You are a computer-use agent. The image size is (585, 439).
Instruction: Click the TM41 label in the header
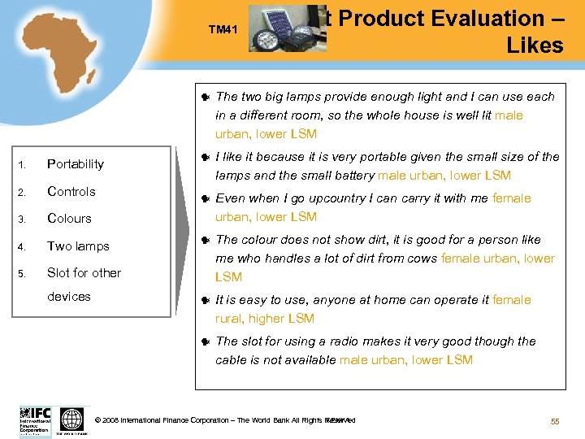coord(221,29)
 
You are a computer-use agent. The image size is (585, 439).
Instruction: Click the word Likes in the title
coord(534,46)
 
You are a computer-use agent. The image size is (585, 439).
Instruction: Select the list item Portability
coord(76,164)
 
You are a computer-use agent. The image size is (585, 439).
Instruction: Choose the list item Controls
coord(71,192)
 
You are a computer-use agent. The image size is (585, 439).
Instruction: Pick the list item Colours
coord(69,219)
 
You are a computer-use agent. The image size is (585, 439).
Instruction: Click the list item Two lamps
coord(78,246)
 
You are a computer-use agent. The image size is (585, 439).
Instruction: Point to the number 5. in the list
coord(24,273)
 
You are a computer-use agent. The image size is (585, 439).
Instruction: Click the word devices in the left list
coord(69,297)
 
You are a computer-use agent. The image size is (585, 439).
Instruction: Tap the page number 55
coord(555,420)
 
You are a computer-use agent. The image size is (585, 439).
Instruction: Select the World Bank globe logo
coord(72,419)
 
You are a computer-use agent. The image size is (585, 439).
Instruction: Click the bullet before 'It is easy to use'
coord(206,301)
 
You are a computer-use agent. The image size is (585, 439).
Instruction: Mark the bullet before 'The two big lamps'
coord(206,98)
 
